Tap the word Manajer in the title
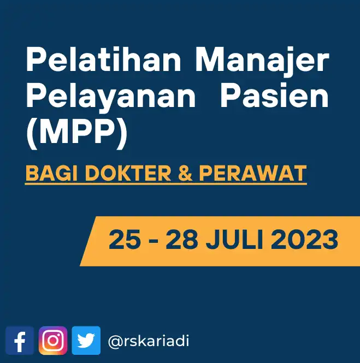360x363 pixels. (263, 61)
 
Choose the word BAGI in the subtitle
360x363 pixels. (44, 174)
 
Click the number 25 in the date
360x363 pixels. (125, 240)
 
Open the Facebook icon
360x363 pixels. (20, 341)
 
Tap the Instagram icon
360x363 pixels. (53, 341)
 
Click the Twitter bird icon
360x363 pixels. (86, 341)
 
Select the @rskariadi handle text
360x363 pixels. (149, 342)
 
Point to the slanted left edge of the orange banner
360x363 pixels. (88, 241)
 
